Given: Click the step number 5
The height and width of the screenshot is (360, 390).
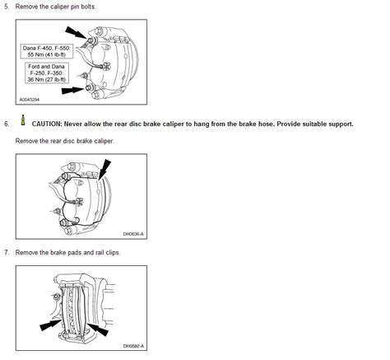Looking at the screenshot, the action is [x=6, y=7].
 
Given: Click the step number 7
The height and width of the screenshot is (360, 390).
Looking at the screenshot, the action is [x=6, y=252].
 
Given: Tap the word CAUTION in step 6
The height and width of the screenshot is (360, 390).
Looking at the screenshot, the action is [x=47, y=124].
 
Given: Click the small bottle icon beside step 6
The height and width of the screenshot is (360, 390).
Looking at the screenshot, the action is [x=23, y=120].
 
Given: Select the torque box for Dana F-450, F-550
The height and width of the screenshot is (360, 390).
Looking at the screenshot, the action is [x=47, y=51].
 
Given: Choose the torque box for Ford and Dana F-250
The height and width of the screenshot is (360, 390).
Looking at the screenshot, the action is [x=46, y=73].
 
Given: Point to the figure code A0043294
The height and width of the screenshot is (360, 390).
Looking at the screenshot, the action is [x=30, y=100].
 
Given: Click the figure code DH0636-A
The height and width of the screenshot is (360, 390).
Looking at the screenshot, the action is [x=133, y=234].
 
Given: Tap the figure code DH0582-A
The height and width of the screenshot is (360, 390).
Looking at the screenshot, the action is [x=133, y=346].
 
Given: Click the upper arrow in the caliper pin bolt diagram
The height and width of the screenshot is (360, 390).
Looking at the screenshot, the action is [x=76, y=33].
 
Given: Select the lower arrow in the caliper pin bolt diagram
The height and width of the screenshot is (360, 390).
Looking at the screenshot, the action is [x=72, y=90].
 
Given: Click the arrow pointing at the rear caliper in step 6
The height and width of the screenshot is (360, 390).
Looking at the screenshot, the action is [x=104, y=170].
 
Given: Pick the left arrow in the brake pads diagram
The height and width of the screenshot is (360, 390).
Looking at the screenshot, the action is [x=50, y=325].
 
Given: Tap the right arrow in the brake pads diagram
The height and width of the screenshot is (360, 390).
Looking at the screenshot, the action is [x=98, y=330].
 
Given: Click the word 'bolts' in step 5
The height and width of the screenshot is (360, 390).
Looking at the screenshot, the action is [x=88, y=7].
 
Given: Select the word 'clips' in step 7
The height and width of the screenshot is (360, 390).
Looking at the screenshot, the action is [x=113, y=252].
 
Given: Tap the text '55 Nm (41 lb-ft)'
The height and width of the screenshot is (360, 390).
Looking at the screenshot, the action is [x=47, y=54].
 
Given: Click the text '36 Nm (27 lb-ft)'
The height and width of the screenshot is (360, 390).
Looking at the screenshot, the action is [x=47, y=80].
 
